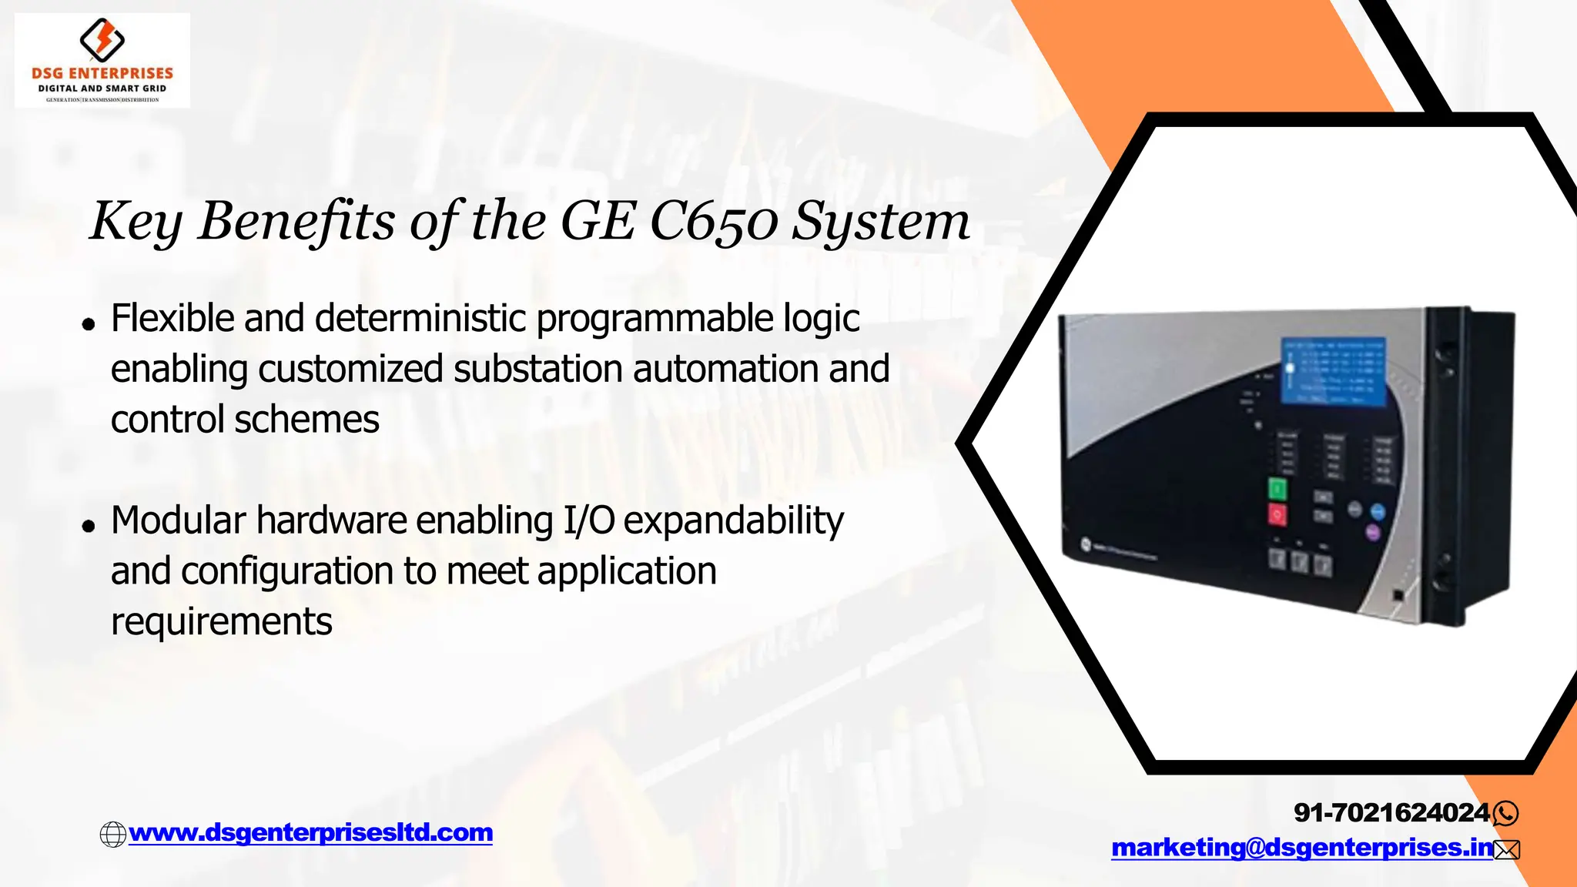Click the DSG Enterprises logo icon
click(102, 40)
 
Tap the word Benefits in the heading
click(297, 221)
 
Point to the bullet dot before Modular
click(89, 527)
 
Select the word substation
click(537, 369)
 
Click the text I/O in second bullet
click(589, 520)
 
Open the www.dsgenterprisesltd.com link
click(310, 832)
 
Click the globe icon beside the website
click(113, 834)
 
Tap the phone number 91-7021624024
click(1391, 812)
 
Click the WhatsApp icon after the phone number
click(1505, 813)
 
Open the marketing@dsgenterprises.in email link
click(1302, 848)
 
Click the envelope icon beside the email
click(1507, 849)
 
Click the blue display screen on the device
click(1333, 371)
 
